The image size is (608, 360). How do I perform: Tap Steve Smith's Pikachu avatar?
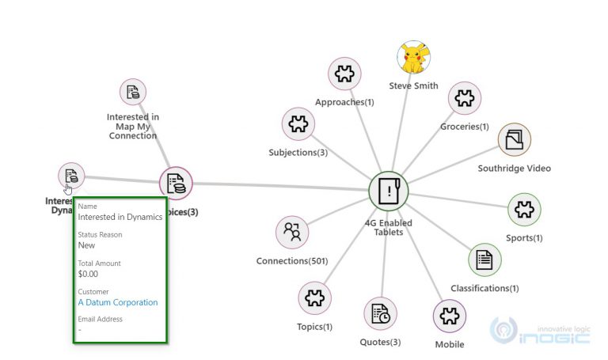pyautogui.click(x=413, y=59)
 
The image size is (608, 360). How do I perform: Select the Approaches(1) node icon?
pyautogui.click(x=344, y=74)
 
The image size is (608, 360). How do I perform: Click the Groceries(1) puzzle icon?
pyautogui.click(x=465, y=99)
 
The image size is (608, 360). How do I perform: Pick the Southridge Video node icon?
pyautogui.click(x=515, y=140)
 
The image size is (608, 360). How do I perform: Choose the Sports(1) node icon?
pyautogui.click(x=523, y=210)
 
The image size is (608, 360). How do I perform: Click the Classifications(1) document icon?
pyautogui.click(x=484, y=260)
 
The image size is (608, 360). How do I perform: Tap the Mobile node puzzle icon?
pyautogui.click(x=450, y=316)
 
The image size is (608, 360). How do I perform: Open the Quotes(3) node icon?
pyautogui.click(x=380, y=314)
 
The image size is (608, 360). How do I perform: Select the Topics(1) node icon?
pyautogui.click(x=315, y=298)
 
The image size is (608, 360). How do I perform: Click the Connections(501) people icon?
pyautogui.click(x=292, y=232)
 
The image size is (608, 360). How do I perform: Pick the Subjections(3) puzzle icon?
pyautogui.click(x=298, y=124)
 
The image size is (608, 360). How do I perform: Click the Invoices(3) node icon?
pyautogui.click(x=177, y=184)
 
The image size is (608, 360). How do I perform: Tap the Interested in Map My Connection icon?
pyautogui.click(x=133, y=92)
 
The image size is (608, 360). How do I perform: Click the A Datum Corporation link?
pyautogui.click(x=117, y=302)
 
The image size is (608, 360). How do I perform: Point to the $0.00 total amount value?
pyautogui.click(x=89, y=274)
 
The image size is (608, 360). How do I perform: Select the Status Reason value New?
pyautogui.click(x=86, y=245)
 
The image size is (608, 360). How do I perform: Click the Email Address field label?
pyautogui.click(x=101, y=320)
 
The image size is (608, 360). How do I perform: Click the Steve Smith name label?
pyautogui.click(x=413, y=85)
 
